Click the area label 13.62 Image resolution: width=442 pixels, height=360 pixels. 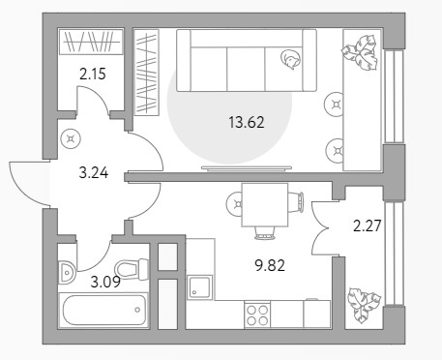247,123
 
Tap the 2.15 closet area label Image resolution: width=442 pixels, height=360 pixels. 93,75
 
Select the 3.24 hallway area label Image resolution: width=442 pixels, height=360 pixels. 94,173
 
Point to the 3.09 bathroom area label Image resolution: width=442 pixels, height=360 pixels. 105,282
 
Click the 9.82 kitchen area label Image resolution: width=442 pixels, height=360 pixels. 270,266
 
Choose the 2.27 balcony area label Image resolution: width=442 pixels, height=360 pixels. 368,225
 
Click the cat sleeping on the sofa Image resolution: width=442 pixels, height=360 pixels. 290,59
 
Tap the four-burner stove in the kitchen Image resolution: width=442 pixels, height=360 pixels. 257,315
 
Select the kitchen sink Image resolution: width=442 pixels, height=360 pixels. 200,286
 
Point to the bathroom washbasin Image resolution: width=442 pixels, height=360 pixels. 67,273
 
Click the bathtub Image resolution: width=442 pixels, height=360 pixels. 103,311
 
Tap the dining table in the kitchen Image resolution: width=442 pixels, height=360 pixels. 265,205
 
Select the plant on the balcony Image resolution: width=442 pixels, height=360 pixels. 364,305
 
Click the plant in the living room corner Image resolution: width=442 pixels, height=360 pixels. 360,52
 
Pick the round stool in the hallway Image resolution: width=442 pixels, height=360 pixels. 71,139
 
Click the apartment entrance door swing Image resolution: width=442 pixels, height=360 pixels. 28,183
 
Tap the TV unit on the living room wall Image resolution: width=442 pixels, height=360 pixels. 247,168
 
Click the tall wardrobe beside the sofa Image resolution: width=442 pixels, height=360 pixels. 147,73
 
